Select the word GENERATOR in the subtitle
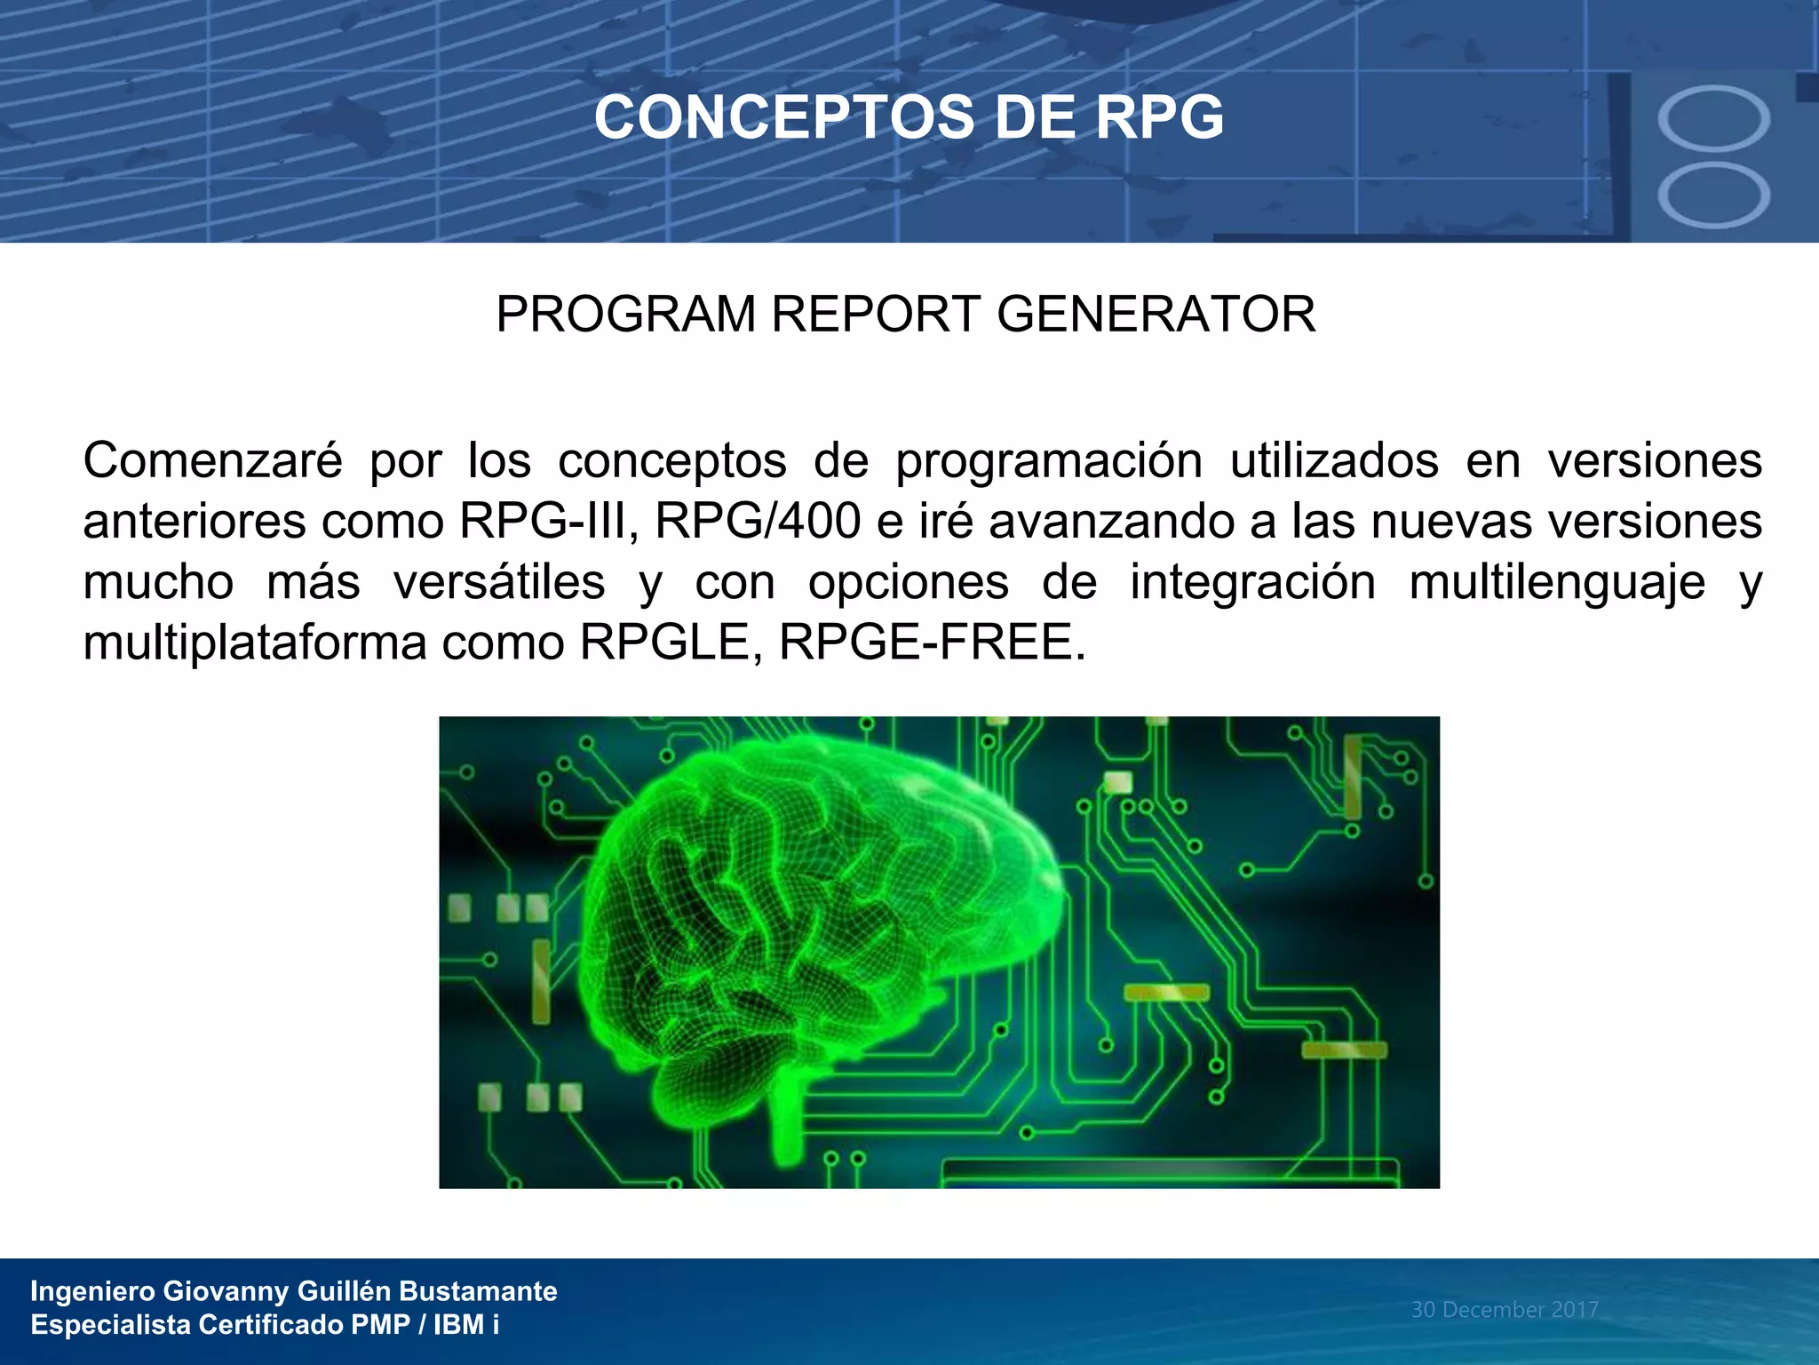[x=1156, y=315]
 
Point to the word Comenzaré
[x=212, y=461]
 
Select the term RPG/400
[x=758, y=522]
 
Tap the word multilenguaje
[x=1557, y=583]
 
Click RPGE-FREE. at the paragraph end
[x=933, y=643]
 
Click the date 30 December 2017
[x=1505, y=1310]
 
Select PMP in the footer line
[x=380, y=1325]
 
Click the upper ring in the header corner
[x=1713, y=118]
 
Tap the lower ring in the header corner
[x=1713, y=196]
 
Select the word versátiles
[x=499, y=583]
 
